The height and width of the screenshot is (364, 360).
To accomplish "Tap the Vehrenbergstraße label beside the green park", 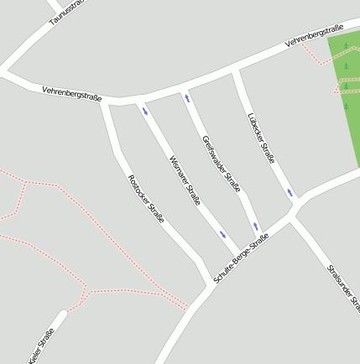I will (x=314, y=35).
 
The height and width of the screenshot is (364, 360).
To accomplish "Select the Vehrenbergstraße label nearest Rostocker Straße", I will (x=71, y=93).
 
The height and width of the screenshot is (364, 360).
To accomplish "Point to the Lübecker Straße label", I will (x=262, y=138).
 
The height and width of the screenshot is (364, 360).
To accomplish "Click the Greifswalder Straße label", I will (x=217, y=160).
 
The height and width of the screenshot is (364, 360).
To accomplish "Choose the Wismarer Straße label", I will (x=185, y=180).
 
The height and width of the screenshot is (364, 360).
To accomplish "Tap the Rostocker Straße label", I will (x=145, y=198).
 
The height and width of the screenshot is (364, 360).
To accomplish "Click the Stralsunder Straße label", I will (x=342, y=286).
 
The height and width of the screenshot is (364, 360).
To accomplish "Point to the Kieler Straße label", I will (x=41, y=346).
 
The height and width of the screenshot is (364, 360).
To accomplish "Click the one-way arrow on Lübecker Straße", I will (x=290, y=193).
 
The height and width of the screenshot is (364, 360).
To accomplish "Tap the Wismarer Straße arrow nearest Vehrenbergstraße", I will (x=146, y=110).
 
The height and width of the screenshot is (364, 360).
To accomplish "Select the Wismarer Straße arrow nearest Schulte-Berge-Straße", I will (x=222, y=234).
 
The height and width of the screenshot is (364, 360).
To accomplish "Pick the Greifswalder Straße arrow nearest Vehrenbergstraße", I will (x=187, y=98).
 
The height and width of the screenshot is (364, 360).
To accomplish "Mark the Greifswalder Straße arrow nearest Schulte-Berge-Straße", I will (x=255, y=226).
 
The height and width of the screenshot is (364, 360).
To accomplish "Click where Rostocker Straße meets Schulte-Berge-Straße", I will (x=209, y=284).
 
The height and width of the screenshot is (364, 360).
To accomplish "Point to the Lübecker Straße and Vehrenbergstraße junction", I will (x=235, y=70).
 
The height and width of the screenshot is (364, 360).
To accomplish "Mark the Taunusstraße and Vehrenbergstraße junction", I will (x=8, y=70).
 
